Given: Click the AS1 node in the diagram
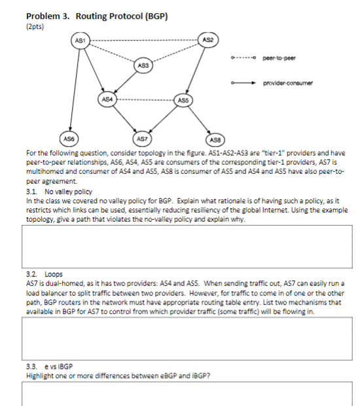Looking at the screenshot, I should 79,41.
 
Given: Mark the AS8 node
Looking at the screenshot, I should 213,140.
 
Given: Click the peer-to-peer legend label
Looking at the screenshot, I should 279,58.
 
